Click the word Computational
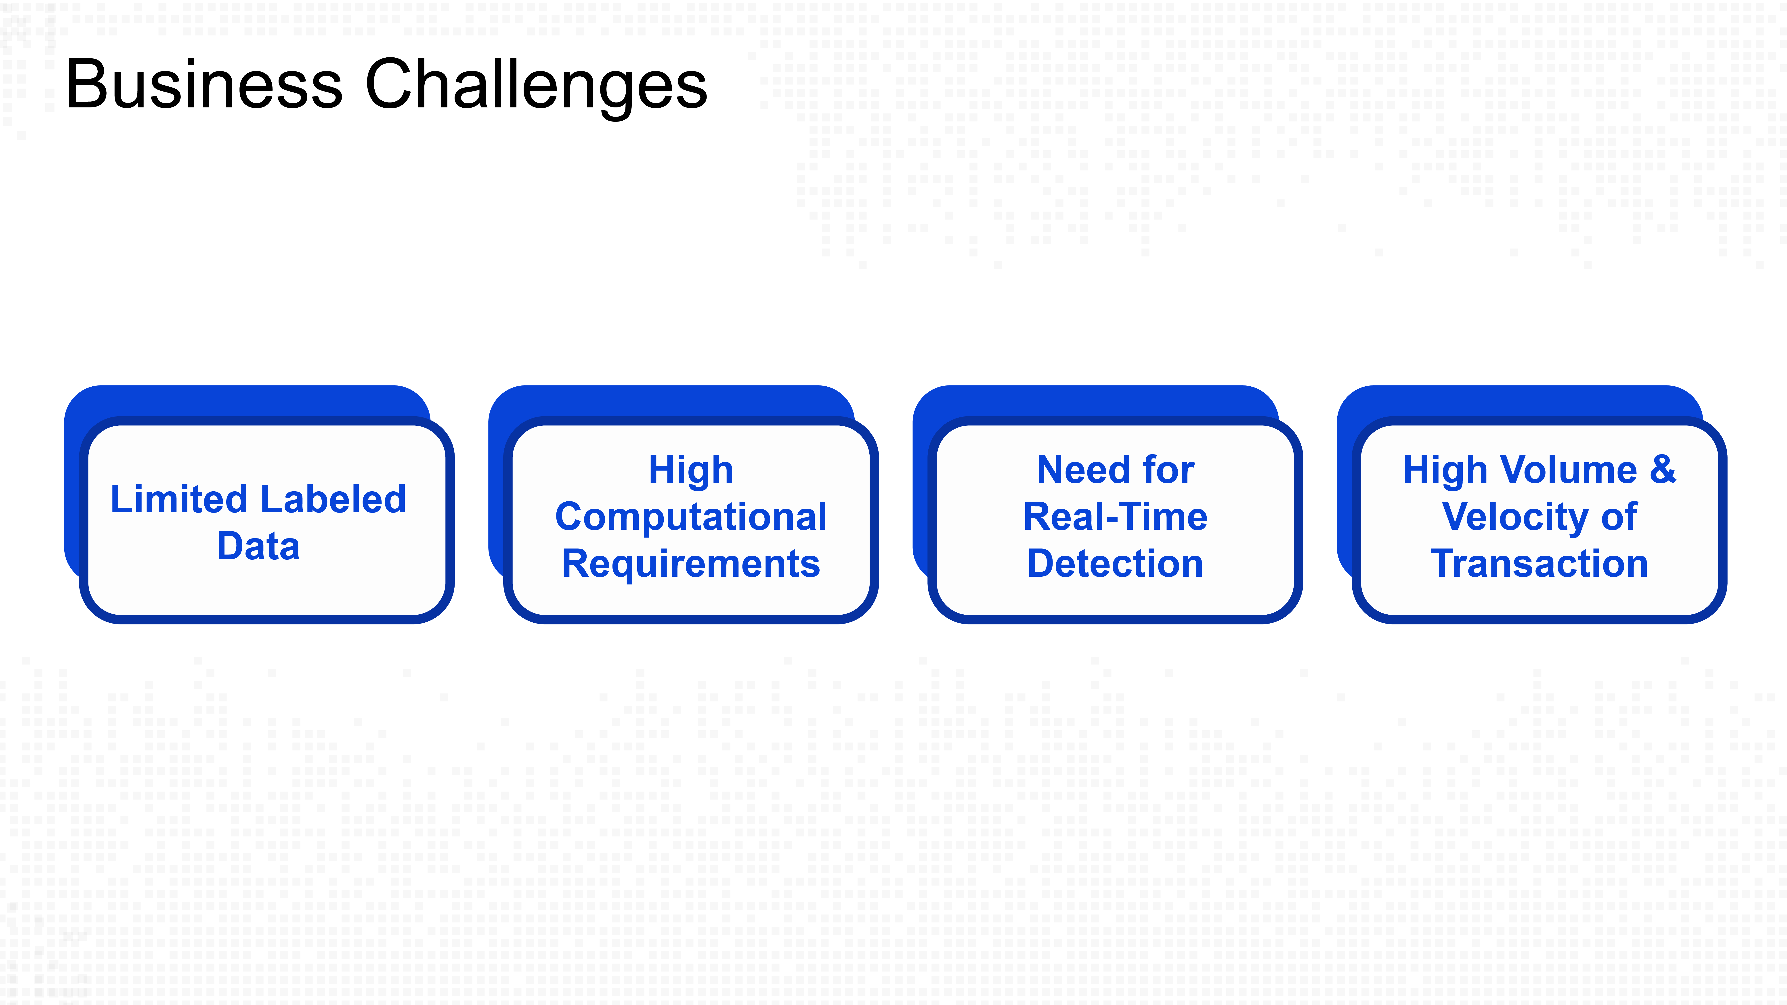[x=691, y=517]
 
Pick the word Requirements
[x=691, y=564]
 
